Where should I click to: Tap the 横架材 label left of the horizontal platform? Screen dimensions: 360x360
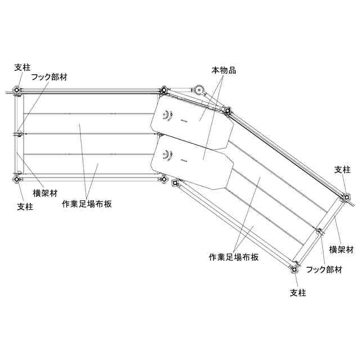point(45,193)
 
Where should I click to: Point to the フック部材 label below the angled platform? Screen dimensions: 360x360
point(324,269)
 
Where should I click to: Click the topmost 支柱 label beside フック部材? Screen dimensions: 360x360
point(22,67)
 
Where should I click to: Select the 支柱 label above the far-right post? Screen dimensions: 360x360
point(342,169)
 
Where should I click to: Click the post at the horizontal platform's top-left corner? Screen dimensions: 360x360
point(17,91)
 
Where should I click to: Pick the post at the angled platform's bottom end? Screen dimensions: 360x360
point(294,269)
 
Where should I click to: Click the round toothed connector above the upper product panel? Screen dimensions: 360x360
point(198,90)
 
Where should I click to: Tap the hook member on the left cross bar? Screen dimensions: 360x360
point(19,134)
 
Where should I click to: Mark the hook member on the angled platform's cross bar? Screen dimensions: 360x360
point(319,231)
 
